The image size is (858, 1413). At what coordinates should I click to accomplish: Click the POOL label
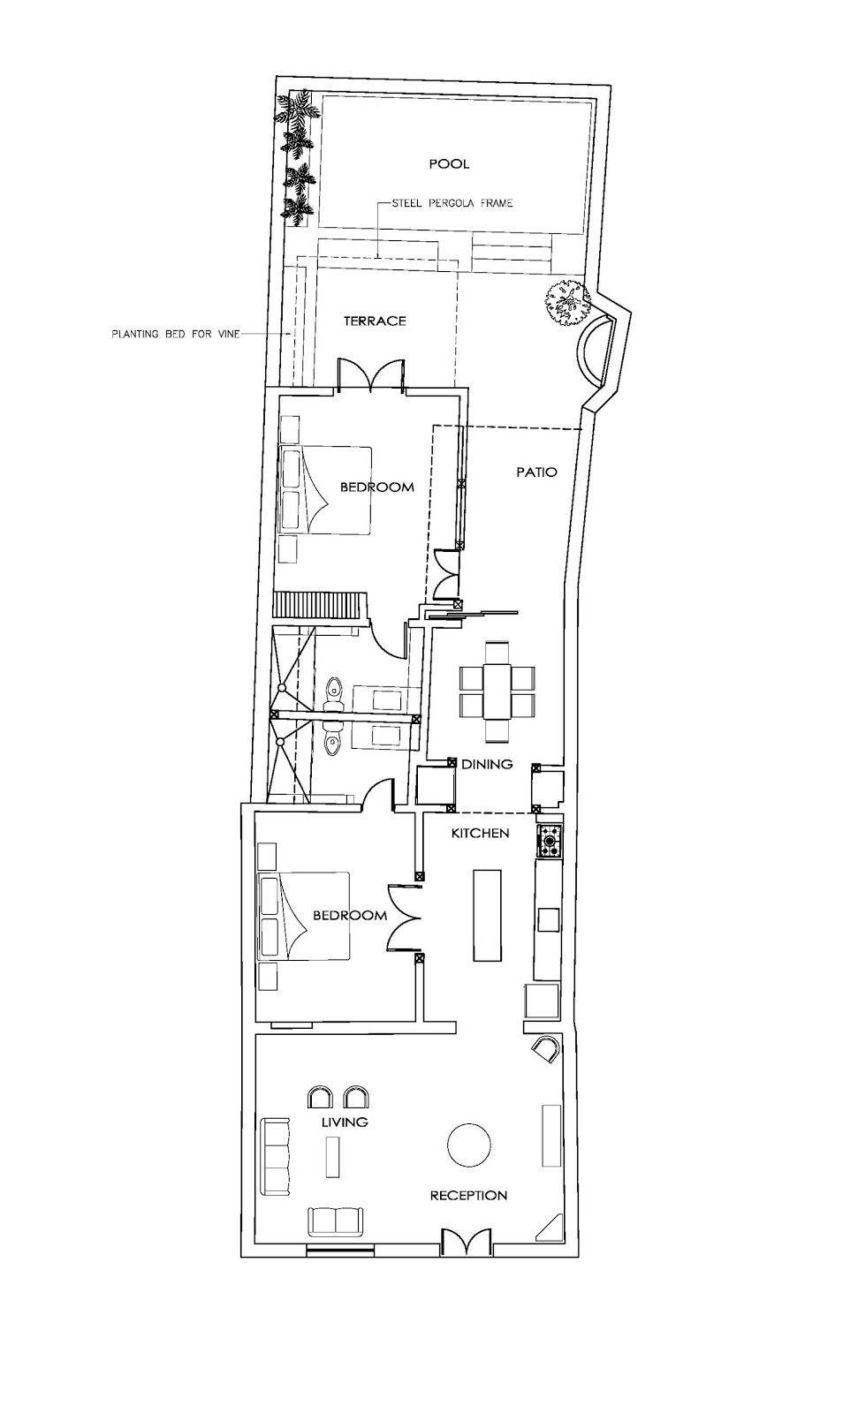[x=449, y=164]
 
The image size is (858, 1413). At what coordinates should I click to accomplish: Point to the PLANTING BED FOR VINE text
[x=172, y=335]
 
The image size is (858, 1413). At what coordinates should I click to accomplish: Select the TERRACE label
[x=375, y=321]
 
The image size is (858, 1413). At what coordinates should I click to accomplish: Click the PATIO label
[x=536, y=472]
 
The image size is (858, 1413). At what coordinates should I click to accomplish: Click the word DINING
[x=487, y=765]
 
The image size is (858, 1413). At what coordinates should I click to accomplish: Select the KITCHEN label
[x=480, y=833]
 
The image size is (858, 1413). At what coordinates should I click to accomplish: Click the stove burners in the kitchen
[x=550, y=841]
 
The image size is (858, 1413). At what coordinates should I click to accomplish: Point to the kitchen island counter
[x=486, y=915]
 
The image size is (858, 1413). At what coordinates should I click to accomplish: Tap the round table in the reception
[x=468, y=1145]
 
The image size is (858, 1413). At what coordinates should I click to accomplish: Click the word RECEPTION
[x=468, y=1196]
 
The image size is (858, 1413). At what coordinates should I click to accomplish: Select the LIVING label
[x=345, y=1122]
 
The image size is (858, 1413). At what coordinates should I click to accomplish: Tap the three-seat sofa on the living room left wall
[x=277, y=1154]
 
